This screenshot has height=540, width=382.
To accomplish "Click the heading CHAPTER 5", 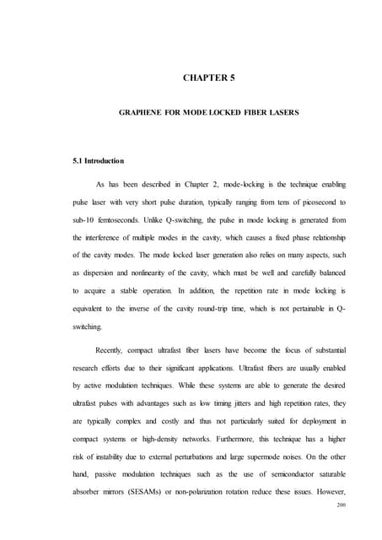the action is (209, 79).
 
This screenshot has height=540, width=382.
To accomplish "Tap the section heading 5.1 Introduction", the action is (100, 160).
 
